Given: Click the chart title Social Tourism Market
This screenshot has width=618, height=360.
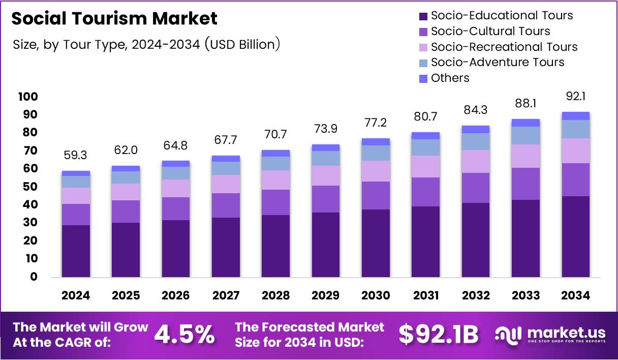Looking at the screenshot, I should click(x=114, y=19).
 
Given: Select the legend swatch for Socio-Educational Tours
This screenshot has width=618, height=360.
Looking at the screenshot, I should click(x=423, y=16).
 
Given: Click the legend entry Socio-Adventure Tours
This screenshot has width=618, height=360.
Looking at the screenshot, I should click(x=497, y=62).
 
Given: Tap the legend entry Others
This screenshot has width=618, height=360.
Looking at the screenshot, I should click(x=450, y=78).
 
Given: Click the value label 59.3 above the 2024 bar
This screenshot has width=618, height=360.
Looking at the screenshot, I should click(x=76, y=155).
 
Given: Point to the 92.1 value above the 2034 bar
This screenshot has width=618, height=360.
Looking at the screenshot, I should click(x=576, y=96).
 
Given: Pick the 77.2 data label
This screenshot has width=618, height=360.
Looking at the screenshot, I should click(x=376, y=122).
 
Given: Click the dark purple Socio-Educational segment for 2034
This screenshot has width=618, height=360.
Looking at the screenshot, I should click(x=576, y=236).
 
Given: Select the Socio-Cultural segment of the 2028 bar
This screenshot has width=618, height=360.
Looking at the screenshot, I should click(x=275, y=202).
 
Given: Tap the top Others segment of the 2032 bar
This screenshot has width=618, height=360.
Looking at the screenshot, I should click(x=476, y=129).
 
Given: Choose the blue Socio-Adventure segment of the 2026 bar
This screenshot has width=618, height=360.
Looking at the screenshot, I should click(x=175, y=173).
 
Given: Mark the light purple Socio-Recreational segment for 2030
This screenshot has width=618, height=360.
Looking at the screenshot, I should click(x=376, y=171).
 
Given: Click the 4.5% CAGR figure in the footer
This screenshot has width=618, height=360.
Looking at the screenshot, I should click(x=184, y=334).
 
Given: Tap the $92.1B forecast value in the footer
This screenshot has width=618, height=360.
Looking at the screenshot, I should click(x=438, y=334).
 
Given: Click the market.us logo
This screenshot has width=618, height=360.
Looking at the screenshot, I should click(x=550, y=334).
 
